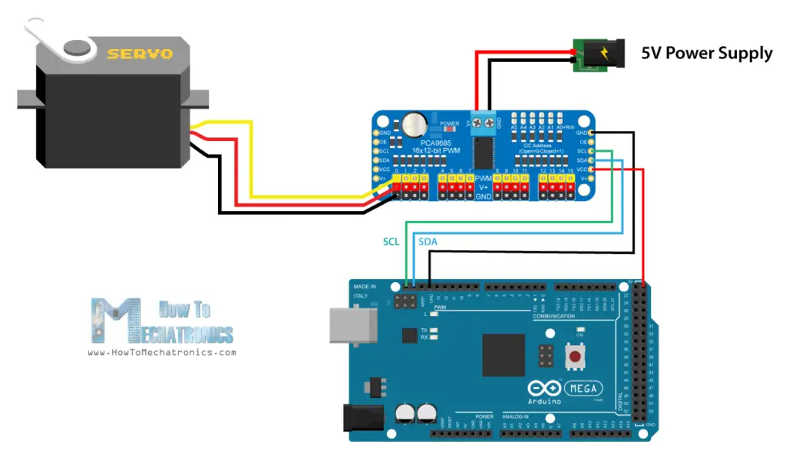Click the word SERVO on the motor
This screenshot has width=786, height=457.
tap(140, 54)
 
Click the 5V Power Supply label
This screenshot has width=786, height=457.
tap(707, 53)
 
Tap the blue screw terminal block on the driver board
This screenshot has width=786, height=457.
tap(484, 121)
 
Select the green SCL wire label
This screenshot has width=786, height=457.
tap(392, 241)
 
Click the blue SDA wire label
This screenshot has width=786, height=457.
tap(428, 241)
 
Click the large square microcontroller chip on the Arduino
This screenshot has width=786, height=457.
tap(504, 355)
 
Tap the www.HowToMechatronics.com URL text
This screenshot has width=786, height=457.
tap(162, 353)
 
